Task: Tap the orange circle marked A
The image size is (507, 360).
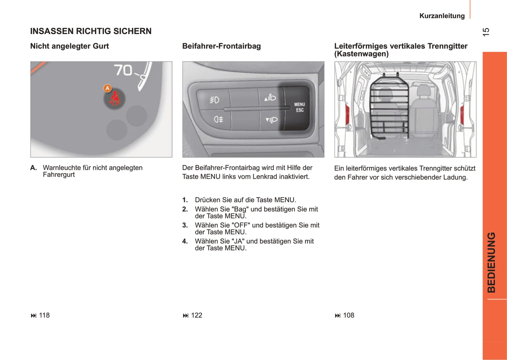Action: click(x=107, y=88)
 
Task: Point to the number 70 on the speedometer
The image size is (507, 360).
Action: click(x=123, y=70)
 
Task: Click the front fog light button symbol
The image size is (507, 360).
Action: click(x=214, y=100)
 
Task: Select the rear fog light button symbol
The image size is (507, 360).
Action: click(x=218, y=119)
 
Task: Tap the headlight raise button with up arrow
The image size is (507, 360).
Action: click(x=270, y=98)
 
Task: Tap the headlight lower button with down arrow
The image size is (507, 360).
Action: click(x=272, y=120)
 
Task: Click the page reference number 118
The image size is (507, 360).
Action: click(x=44, y=315)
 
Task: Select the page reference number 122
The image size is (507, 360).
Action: click(x=196, y=315)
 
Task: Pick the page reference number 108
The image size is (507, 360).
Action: click(x=348, y=315)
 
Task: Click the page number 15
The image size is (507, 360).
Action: click(x=486, y=32)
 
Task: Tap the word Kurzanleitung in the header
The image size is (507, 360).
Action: click(x=442, y=16)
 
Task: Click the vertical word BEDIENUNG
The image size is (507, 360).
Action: click(x=491, y=262)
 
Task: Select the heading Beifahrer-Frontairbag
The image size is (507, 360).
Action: click(x=221, y=46)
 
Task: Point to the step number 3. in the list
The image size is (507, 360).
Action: click(x=185, y=225)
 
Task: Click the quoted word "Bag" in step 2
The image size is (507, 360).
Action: click(x=240, y=209)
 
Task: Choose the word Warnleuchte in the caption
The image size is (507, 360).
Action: click(x=61, y=168)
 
